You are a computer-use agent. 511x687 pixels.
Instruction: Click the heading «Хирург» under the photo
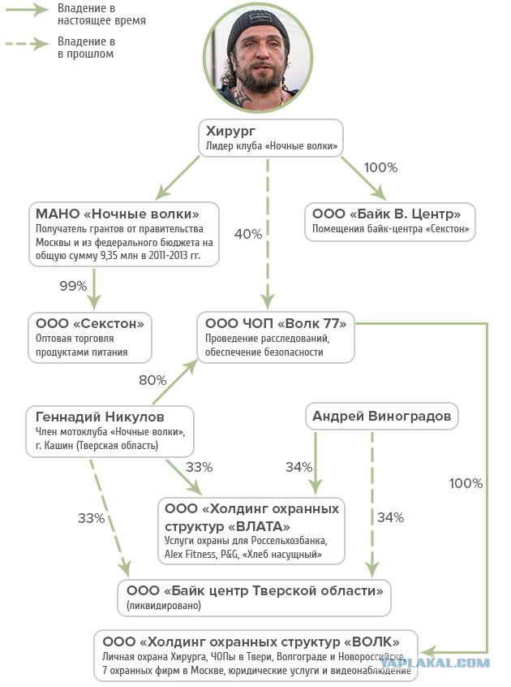230,131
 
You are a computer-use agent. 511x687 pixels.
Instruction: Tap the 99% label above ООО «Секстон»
73,286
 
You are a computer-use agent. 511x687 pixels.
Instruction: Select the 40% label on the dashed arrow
248,234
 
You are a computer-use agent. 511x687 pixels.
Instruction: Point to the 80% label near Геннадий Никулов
152,380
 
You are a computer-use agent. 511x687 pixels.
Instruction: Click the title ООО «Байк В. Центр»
386,214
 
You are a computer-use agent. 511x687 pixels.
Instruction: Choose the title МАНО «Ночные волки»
118,214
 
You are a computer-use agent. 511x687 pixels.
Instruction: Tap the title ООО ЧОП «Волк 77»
276,323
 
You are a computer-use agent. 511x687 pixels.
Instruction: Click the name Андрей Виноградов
381,416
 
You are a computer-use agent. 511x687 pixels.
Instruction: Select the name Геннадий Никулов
100,417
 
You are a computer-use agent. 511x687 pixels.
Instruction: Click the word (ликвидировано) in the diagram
164,606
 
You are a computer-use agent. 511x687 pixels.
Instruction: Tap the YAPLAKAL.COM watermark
434,663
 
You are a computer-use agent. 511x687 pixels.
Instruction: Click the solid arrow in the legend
27,10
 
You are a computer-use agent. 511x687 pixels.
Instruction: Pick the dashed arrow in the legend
27,43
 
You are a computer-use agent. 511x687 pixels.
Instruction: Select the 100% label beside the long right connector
466,483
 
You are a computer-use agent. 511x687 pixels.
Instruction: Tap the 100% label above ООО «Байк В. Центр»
380,167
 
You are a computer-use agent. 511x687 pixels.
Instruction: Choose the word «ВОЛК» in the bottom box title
371,642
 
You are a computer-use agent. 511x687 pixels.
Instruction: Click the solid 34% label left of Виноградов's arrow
298,467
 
